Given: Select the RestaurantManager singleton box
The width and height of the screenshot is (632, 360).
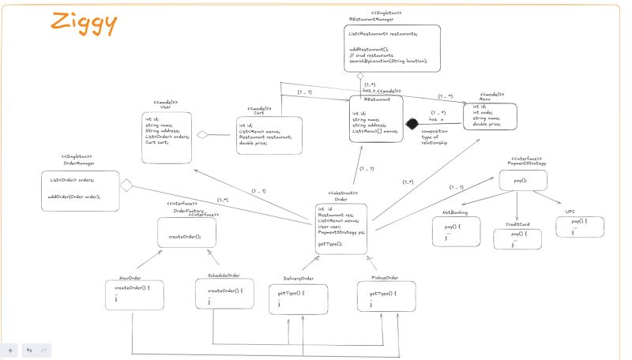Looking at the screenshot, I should pyautogui.click(x=393, y=49).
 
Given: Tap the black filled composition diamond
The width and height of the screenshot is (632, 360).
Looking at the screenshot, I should pyautogui.click(x=411, y=124).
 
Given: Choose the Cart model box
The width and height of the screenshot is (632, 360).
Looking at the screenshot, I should pyautogui.click(x=269, y=135).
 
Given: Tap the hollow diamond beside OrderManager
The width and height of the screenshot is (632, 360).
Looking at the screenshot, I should pyautogui.click(x=126, y=186).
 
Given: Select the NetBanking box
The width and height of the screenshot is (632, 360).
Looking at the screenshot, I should pyautogui.click(x=450, y=234).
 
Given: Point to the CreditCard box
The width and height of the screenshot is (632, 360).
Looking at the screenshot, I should pyautogui.click(x=517, y=236).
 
